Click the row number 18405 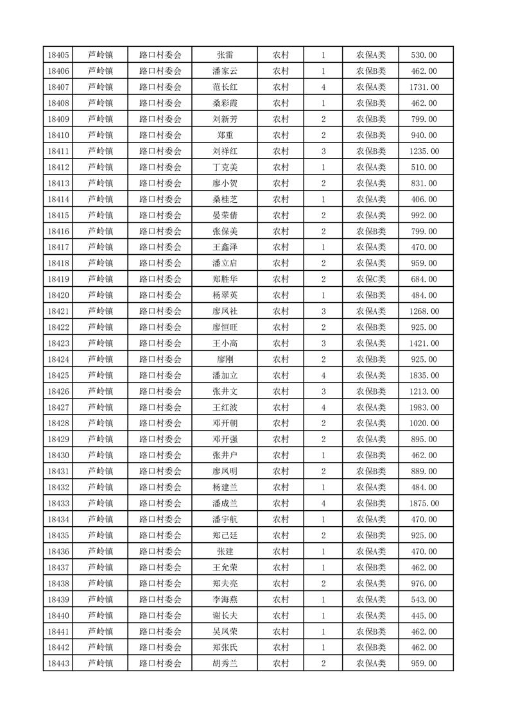click(58, 55)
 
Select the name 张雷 click(225, 55)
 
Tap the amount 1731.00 click(424, 87)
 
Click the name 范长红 click(225, 87)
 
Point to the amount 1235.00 click(424, 151)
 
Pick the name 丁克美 click(225, 167)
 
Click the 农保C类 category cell click(371, 279)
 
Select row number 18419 click(58, 279)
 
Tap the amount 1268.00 click(424, 311)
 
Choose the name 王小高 click(225, 343)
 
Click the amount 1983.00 click(424, 407)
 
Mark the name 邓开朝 click(225, 424)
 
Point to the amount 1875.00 click(424, 504)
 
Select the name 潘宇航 click(225, 520)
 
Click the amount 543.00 click(424, 599)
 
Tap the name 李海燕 click(225, 599)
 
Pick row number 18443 click(58, 664)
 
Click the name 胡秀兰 click(225, 664)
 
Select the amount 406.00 click(424, 200)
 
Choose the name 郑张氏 click(225, 647)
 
